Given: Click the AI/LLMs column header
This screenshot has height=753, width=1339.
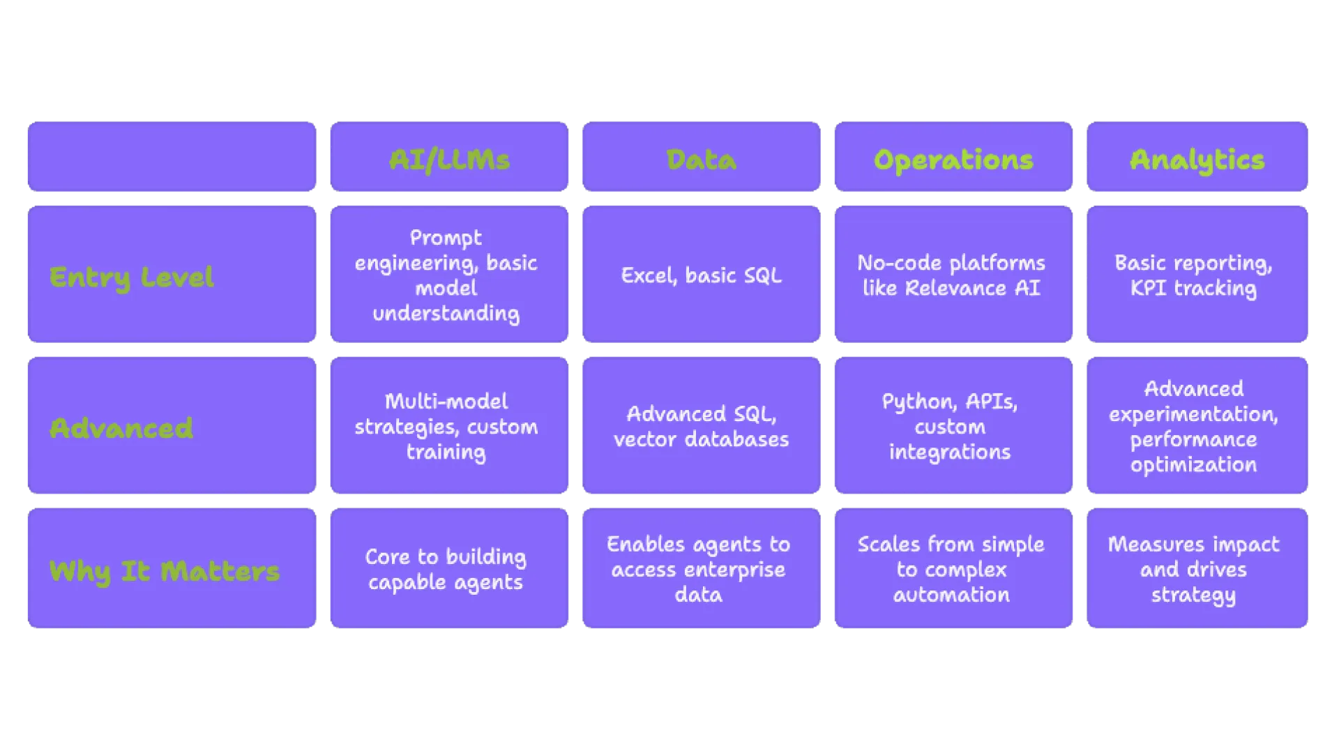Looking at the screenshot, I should [449, 160].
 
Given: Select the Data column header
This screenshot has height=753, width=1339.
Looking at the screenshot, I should [701, 160].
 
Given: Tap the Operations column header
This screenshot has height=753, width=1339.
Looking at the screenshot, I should [953, 160].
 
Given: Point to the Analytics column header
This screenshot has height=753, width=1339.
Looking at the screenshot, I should [1197, 160].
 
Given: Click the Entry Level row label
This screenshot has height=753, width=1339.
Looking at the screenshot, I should [132, 277].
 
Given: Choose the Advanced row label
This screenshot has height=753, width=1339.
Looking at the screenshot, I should [121, 427].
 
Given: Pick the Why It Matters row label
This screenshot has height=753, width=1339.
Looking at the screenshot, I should [165, 571].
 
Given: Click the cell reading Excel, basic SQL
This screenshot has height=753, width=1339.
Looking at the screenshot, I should [701, 275].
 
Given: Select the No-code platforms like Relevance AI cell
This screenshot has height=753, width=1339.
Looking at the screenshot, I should [951, 275].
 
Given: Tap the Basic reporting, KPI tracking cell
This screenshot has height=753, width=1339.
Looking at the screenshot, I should [1193, 275].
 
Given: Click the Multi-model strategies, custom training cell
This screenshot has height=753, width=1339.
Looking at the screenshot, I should [446, 427].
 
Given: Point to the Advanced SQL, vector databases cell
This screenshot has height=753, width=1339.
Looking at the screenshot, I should [701, 427].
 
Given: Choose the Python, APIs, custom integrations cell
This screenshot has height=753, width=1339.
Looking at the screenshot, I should [950, 427].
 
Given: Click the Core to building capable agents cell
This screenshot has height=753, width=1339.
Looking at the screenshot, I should [446, 569].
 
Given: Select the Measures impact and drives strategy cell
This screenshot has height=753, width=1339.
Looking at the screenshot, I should [1193, 569].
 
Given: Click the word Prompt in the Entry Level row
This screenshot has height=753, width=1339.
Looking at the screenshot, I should [446, 238].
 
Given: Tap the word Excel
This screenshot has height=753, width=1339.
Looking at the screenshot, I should [648, 276].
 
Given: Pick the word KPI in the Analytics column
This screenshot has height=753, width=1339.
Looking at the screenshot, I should [1148, 288].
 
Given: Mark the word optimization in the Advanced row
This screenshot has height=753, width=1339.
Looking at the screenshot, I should [1193, 465].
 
